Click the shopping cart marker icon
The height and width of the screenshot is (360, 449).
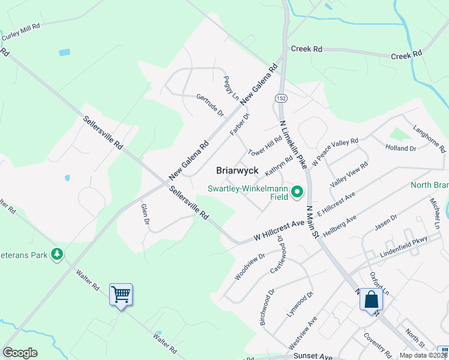pos(121,295)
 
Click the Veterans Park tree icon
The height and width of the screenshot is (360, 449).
pos(57,254)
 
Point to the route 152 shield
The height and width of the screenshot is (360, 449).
pos(280,98)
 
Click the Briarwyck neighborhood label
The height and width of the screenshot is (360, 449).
pos(237,170)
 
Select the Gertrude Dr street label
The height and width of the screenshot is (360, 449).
pos(209,104)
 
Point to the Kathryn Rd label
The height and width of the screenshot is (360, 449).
pos(279,166)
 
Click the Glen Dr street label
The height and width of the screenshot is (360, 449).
pos(145,214)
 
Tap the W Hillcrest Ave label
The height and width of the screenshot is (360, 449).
pos(279,231)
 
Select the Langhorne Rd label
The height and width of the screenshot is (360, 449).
pos(430,139)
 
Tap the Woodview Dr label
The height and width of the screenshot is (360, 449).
pos(250,266)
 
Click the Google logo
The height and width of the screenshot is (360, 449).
pos(20,353)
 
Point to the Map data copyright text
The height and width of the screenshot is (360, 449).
pos(423,355)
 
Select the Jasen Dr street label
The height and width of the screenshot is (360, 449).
pos(385,223)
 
